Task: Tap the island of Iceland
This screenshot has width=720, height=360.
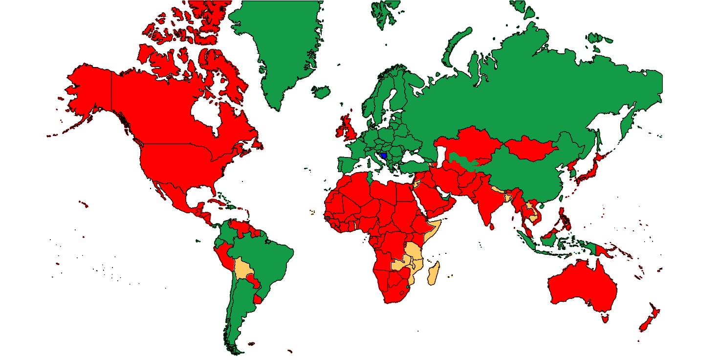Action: click(x=321, y=92)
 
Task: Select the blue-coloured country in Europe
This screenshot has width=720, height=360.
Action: click(x=383, y=156)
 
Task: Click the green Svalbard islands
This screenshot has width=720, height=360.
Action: click(x=386, y=12)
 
